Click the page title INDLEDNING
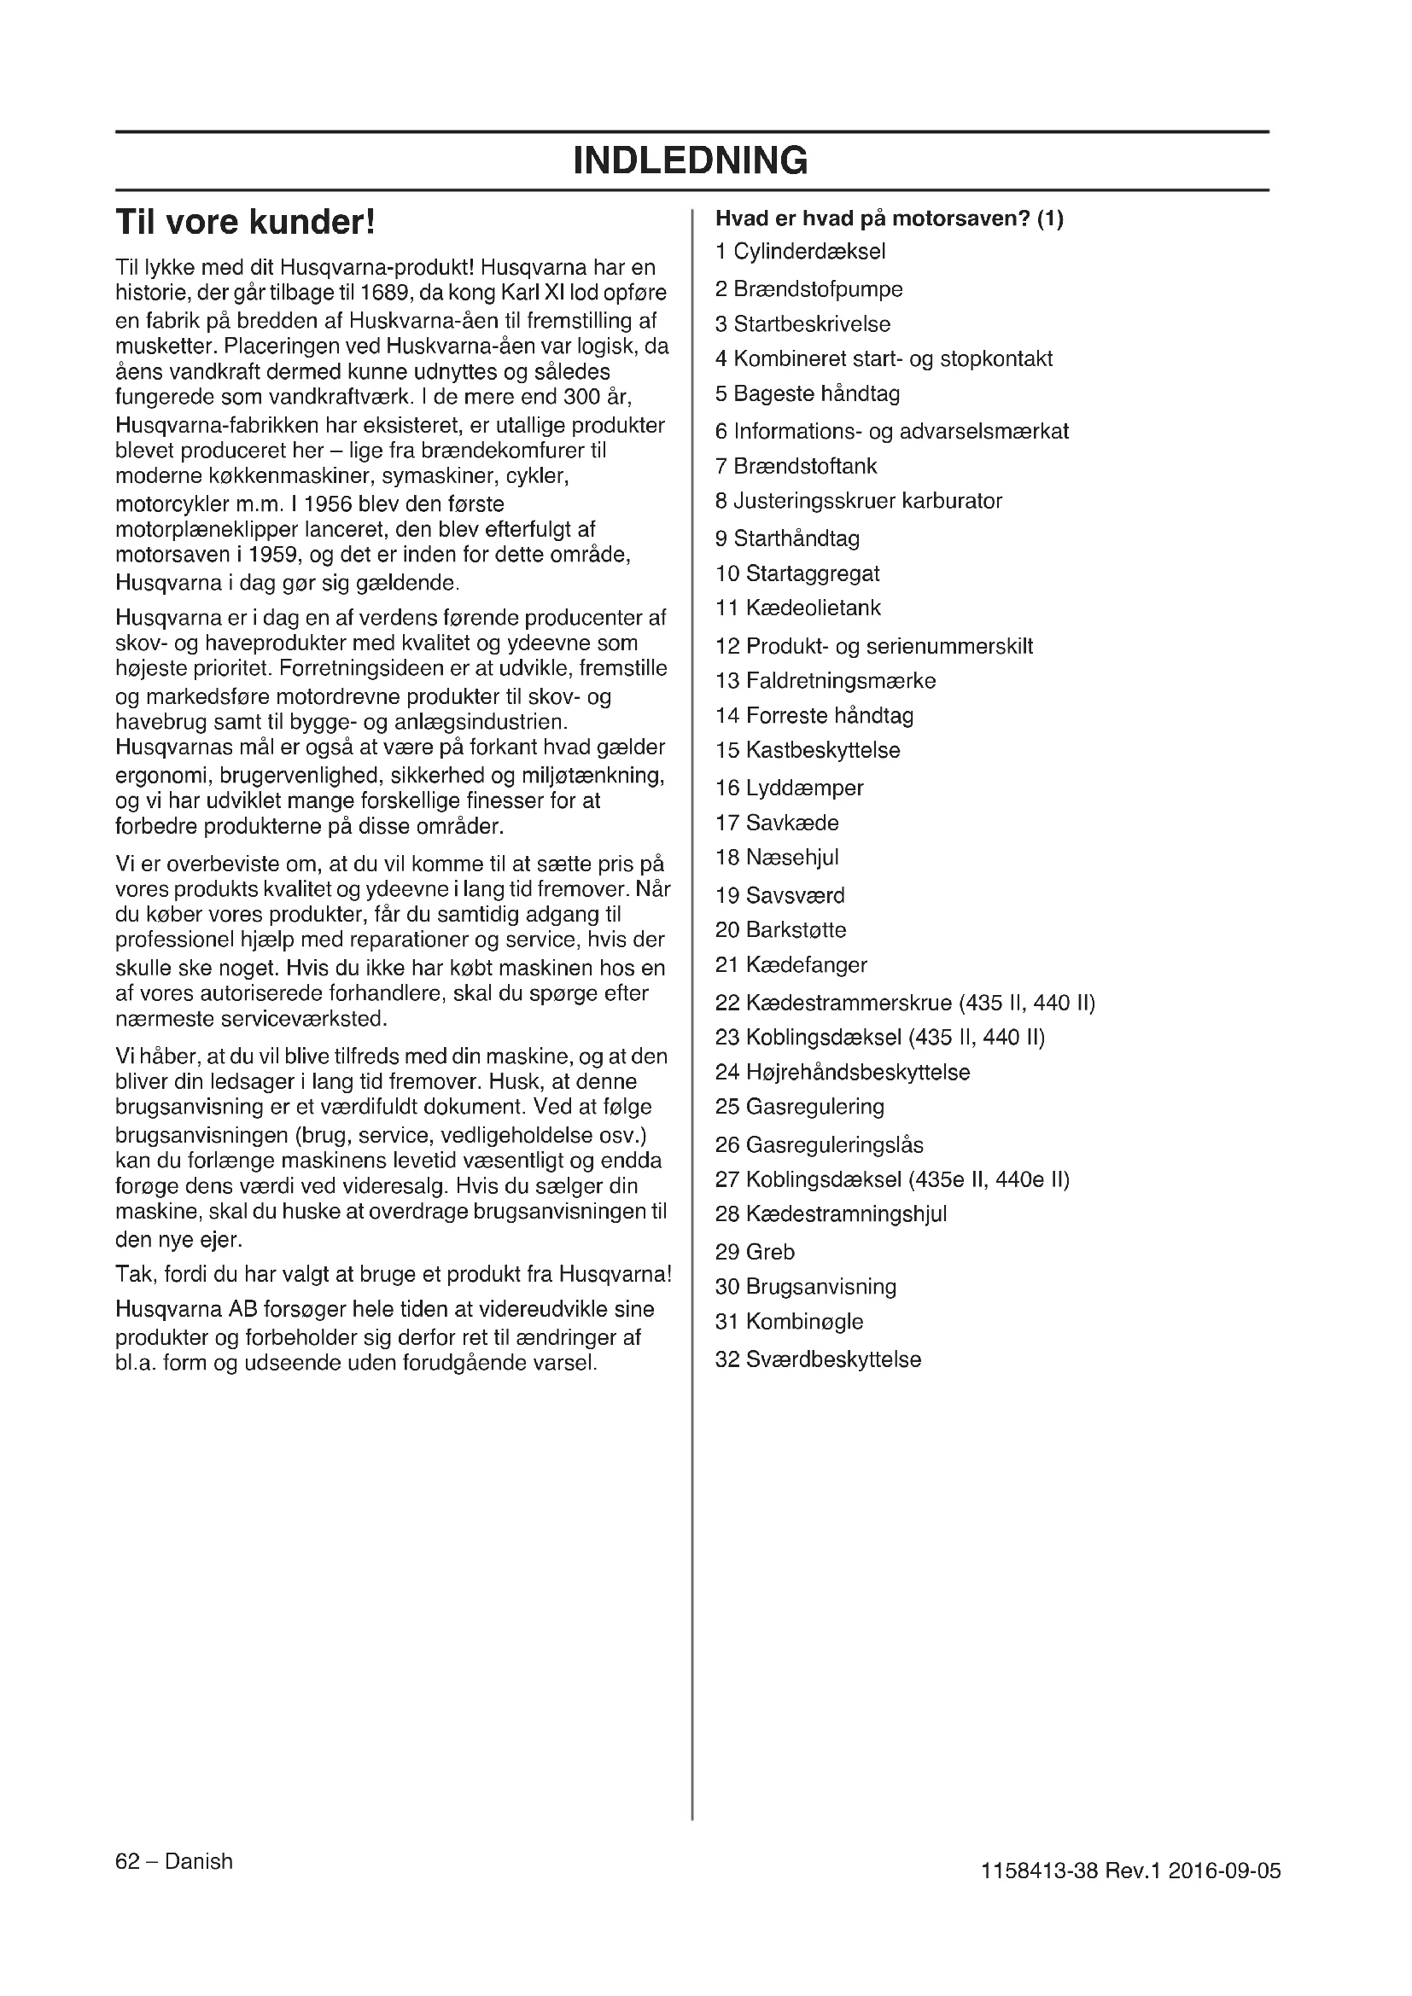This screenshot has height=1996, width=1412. point(691,160)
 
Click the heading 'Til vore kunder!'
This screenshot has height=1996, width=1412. point(246,223)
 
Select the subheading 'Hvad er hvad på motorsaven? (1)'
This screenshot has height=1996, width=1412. point(889,218)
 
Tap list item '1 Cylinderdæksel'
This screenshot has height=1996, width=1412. point(800,252)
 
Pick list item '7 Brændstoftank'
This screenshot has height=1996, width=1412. point(796,466)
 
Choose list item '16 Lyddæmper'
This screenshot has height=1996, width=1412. point(789,788)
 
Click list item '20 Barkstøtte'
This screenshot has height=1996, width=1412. point(780,930)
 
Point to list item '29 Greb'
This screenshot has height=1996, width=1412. point(755,1252)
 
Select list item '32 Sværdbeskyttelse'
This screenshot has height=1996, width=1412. point(817,1359)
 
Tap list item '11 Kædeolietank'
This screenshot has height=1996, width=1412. point(797,608)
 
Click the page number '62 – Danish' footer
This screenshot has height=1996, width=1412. point(174,1861)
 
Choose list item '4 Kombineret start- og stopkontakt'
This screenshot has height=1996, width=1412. point(884,359)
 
